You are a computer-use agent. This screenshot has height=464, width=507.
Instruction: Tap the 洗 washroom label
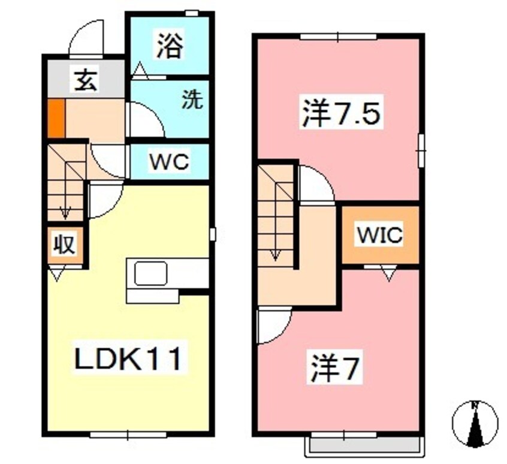(192, 100)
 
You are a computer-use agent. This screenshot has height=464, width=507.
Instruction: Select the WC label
(169, 162)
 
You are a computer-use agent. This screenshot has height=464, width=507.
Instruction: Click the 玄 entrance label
(85, 80)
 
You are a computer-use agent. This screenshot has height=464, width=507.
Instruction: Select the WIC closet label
(380, 235)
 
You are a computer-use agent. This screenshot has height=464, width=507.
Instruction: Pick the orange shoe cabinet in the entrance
(55, 117)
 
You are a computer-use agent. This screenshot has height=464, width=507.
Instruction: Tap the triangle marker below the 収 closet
(56, 275)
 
